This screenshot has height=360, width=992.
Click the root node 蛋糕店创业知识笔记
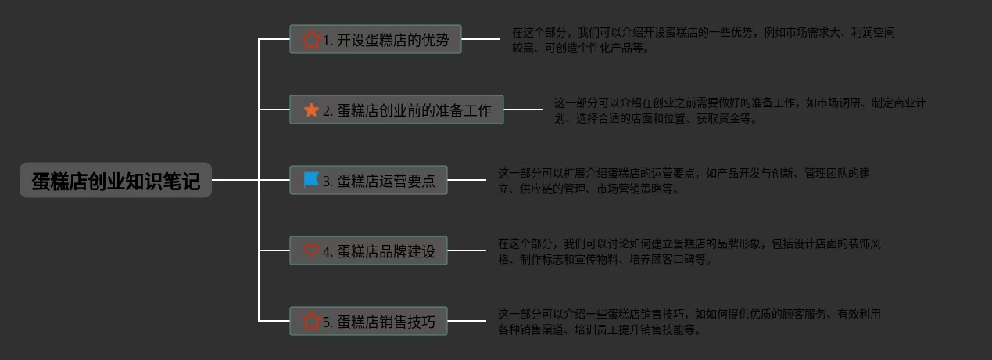tap(116, 181)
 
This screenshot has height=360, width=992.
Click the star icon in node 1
tap(311, 39)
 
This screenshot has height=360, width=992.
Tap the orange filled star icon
tap(311, 110)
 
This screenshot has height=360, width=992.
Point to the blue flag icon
tap(311, 180)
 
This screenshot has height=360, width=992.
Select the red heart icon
tap(311, 250)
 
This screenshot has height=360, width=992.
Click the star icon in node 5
tap(311, 321)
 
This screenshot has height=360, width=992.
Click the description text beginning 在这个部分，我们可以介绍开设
tap(703, 40)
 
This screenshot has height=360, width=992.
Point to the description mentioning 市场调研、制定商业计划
tap(740, 110)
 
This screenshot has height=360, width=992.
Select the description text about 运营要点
tap(683, 181)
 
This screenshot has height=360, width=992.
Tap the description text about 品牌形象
tap(689, 251)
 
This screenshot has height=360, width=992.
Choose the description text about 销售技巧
tap(689, 322)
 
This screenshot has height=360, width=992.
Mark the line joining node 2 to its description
tap(523, 110)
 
